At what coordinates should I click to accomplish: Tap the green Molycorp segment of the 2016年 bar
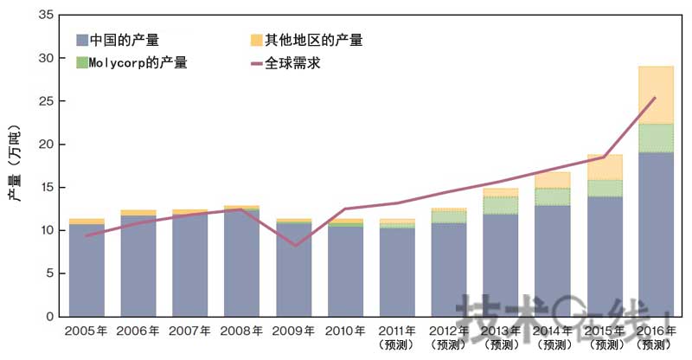[655, 138]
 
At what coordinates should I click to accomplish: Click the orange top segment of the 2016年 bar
[655, 95]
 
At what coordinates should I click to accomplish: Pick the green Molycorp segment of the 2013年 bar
[500, 205]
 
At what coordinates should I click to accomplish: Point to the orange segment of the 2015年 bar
[604, 167]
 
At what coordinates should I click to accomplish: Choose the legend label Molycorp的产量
[138, 62]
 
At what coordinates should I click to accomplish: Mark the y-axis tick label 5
[49, 273]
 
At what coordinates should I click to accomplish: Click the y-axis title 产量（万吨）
[15, 164]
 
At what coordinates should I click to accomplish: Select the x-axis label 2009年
[293, 331]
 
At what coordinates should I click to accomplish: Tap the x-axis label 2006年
[138, 331]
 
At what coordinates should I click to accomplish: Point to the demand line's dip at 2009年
[294, 246]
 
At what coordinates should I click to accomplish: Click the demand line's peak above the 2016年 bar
[655, 98]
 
